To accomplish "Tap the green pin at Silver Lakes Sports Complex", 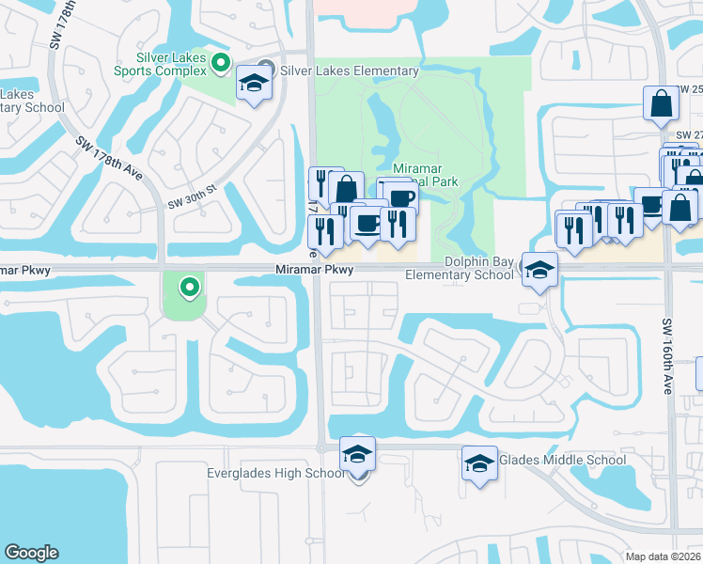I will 221,64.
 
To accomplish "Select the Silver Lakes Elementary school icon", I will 253,84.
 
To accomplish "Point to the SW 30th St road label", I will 192,196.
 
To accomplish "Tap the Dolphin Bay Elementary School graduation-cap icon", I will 539,271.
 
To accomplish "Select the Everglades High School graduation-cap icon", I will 357,454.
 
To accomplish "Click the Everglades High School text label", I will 276,473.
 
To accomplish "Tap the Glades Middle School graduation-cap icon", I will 479,463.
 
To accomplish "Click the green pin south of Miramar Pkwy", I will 190,287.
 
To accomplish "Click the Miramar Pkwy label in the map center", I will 315,270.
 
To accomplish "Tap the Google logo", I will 31,553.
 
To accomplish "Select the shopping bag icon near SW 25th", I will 661,103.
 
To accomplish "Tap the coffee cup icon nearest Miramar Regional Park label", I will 399,196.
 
